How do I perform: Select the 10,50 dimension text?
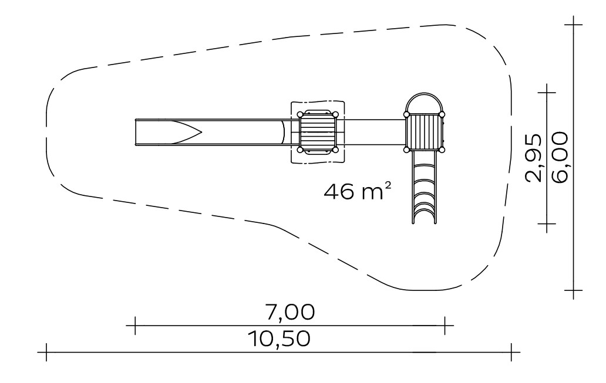coord(280,339)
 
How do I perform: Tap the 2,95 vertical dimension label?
coord(533,158)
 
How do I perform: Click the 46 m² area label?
coord(358,191)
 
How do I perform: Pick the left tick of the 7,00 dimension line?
coord(135,326)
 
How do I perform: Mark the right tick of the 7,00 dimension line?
coord(445,326)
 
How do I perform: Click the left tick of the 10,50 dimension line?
coord(46,352)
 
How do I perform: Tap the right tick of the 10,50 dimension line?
coord(511,352)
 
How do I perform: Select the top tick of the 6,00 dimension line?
coord(573,24)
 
